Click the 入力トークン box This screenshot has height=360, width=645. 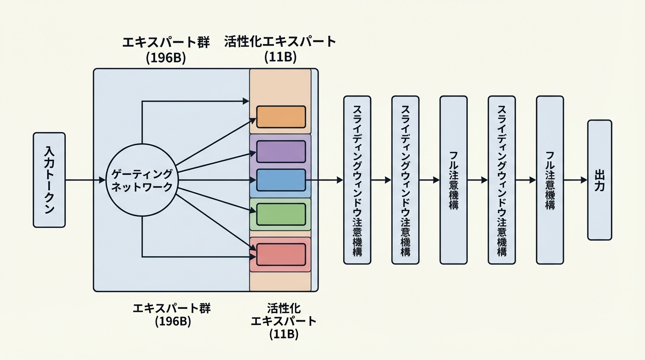pyautogui.click(x=49, y=180)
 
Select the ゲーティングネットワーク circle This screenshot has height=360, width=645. pyautogui.click(x=142, y=180)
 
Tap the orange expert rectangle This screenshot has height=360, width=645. pyautogui.click(x=281, y=117)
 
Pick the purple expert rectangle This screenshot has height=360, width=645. pyautogui.click(x=281, y=151)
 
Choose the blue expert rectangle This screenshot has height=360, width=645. pyautogui.click(x=281, y=180)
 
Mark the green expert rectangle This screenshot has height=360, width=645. pyautogui.click(x=281, y=215)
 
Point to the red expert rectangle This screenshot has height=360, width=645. pyautogui.click(x=281, y=254)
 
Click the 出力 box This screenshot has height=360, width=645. pyautogui.click(x=599, y=180)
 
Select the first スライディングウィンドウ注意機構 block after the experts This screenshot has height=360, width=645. pyautogui.click(x=357, y=180)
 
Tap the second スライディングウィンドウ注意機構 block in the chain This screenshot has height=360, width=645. pyautogui.click(x=405, y=180)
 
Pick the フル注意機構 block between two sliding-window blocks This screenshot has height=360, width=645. pyautogui.click(x=453, y=180)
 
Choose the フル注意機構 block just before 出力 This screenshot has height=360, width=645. pyautogui.click(x=550, y=180)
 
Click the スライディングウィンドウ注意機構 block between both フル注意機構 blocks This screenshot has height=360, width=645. pyautogui.click(x=502, y=180)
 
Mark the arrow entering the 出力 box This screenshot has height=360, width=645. pyautogui.click(x=575, y=180)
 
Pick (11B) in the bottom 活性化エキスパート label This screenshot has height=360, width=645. pyautogui.click(x=284, y=335)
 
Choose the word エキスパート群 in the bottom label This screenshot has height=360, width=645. pyautogui.click(x=172, y=308)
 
